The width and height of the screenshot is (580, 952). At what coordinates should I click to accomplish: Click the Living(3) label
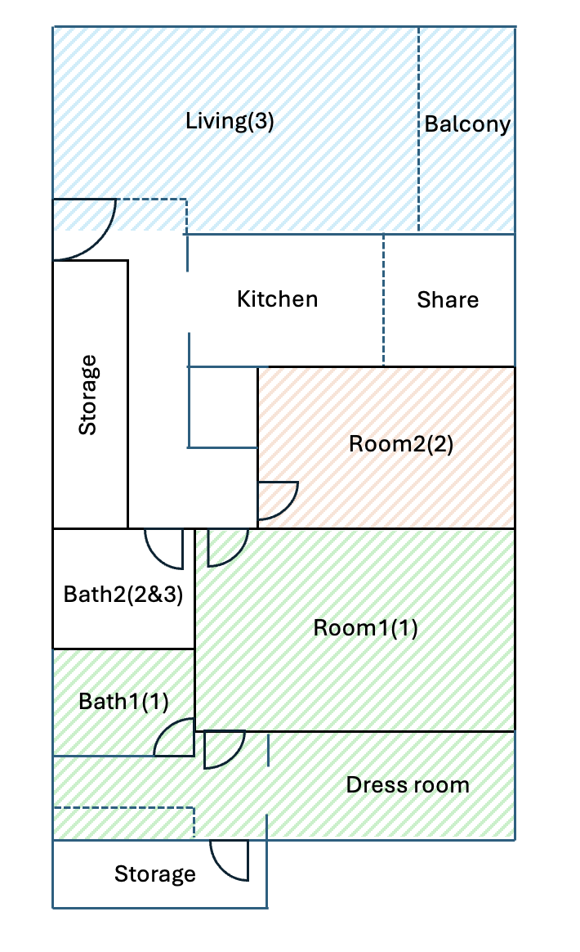point(230,121)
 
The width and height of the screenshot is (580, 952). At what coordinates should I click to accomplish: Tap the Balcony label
point(467,124)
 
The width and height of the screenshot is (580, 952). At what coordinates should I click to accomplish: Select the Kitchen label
point(277,299)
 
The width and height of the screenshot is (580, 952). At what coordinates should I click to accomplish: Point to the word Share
point(448,300)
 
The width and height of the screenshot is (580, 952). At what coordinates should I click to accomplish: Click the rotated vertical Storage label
point(88,395)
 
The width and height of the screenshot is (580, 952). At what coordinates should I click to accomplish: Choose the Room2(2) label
point(401,444)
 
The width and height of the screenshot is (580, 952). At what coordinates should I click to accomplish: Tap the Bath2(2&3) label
point(123,595)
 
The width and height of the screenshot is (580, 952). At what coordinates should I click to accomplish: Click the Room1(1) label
point(365,628)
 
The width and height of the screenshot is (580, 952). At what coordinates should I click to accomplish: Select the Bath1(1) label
point(124,702)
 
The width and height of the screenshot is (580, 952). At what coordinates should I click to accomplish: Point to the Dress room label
point(408,785)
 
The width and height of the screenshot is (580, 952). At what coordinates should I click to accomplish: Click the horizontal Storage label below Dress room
point(154,874)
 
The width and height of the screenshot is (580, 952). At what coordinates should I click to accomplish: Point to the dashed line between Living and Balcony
point(418,128)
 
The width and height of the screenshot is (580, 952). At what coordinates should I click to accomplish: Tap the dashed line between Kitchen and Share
point(383,300)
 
